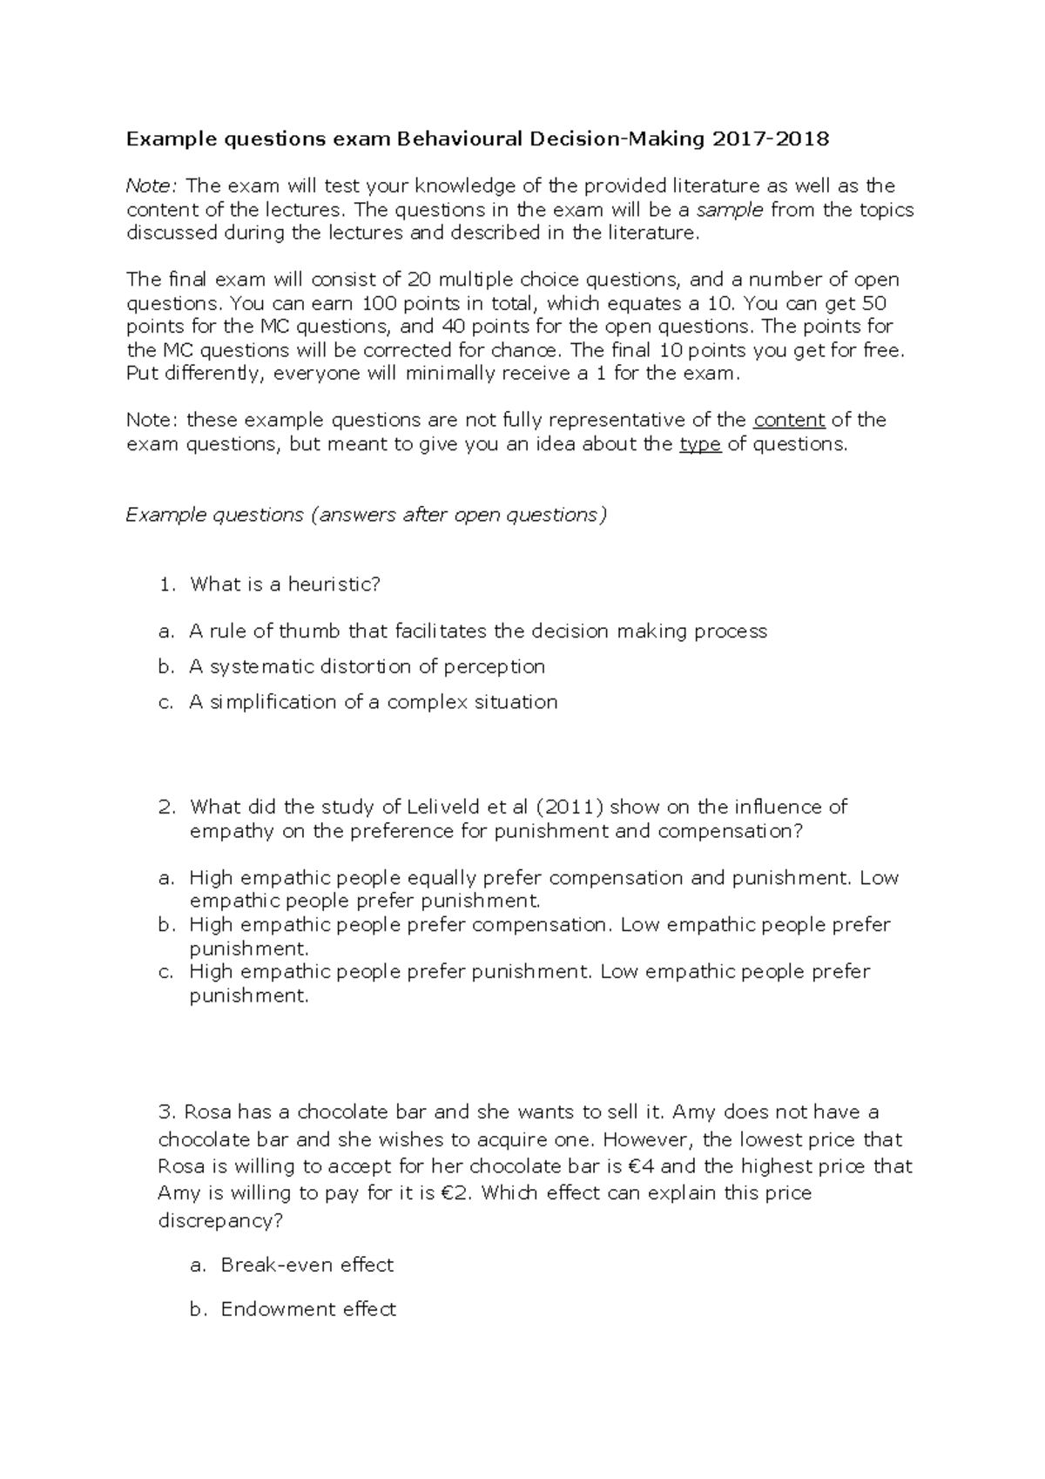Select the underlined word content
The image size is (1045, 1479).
tap(789, 420)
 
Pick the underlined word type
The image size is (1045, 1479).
tap(699, 444)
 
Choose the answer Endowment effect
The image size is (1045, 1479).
tap(308, 1309)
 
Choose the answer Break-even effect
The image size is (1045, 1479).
tap(307, 1265)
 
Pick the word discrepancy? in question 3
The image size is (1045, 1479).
tap(220, 1220)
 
